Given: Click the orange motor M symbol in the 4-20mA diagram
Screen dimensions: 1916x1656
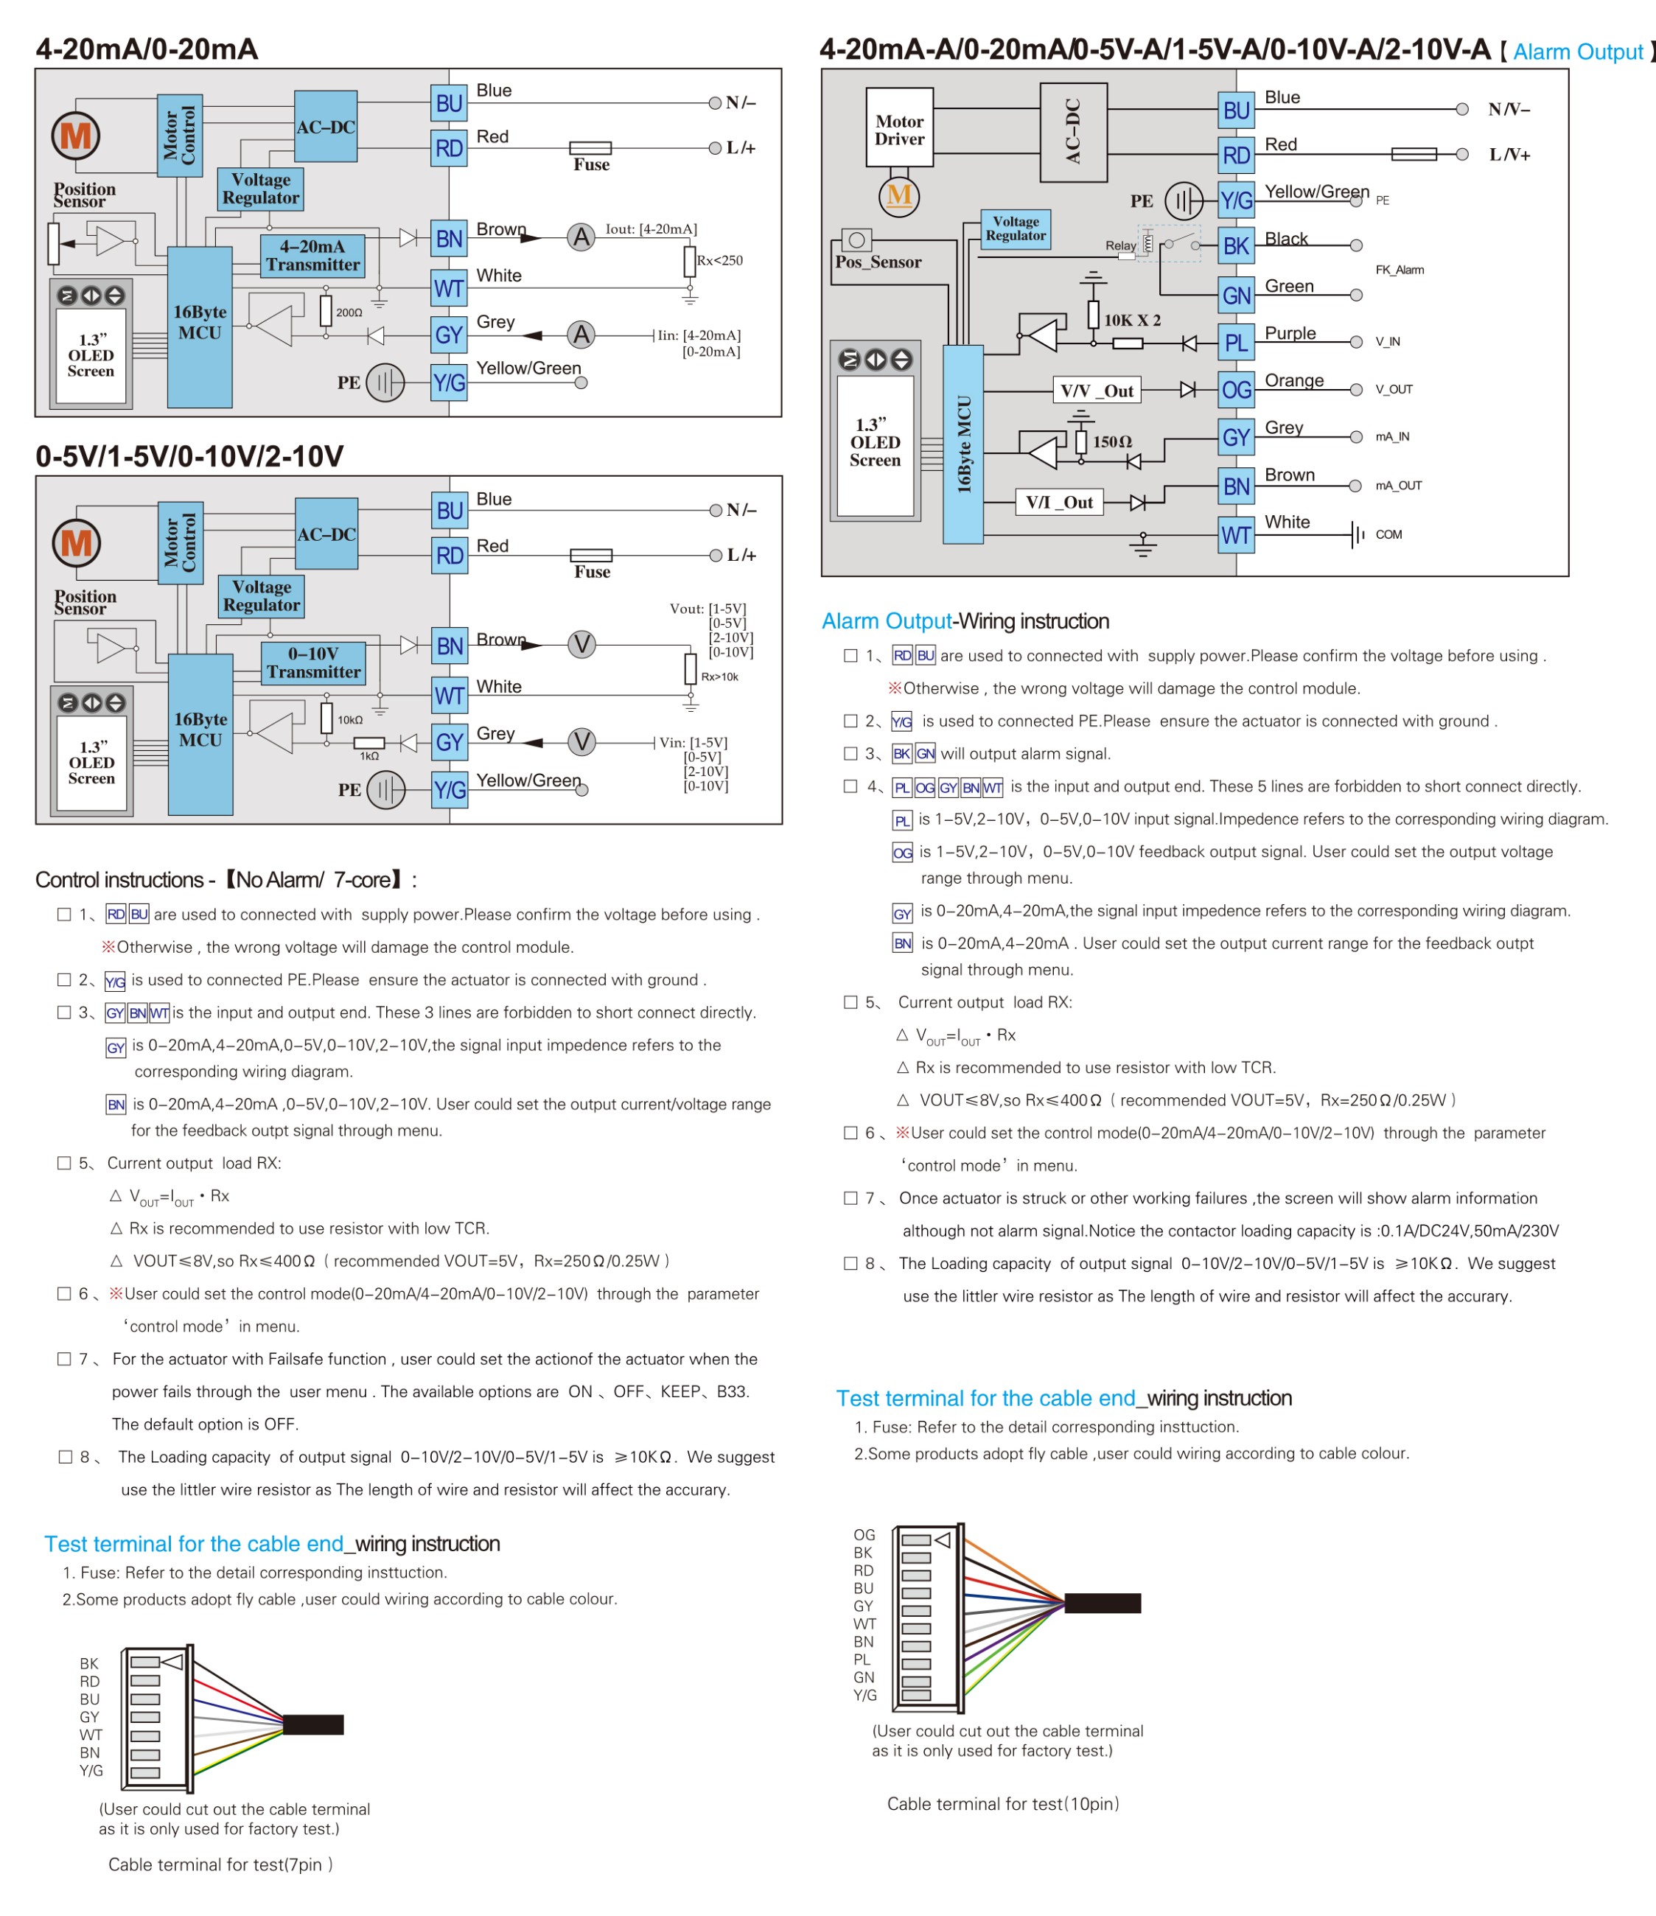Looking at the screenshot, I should point(75,136).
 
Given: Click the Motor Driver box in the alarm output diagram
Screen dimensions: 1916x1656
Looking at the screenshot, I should point(898,130).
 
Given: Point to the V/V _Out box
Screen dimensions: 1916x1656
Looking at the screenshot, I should point(1096,391).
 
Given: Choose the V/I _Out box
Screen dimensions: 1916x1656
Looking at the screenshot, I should point(1059,502).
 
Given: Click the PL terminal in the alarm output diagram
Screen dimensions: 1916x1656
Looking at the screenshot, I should point(1235,343).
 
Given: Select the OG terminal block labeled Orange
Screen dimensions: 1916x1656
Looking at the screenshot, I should point(1235,391).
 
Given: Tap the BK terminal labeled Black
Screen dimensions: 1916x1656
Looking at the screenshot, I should point(1235,246).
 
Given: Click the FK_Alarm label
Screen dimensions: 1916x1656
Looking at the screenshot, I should point(1399,270).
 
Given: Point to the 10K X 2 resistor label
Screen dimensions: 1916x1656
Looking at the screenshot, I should point(1132,320).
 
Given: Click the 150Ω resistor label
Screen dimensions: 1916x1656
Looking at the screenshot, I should point(1111,442).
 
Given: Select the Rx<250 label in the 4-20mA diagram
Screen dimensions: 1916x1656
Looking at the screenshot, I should point(719,261).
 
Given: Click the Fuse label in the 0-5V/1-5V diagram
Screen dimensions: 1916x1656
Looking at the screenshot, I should point(592,571).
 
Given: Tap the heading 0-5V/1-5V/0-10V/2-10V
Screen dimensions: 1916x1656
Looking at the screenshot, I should point(189,456).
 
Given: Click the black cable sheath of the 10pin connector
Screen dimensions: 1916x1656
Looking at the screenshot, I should point(1102,1603).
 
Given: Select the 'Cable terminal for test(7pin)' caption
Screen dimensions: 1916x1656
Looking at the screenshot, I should point(220,1864).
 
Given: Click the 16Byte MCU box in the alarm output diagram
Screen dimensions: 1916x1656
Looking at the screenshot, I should point(962,444).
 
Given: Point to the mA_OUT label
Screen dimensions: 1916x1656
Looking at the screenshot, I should point(1398,486).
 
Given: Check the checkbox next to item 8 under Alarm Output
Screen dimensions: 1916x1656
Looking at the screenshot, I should point(850,1263).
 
